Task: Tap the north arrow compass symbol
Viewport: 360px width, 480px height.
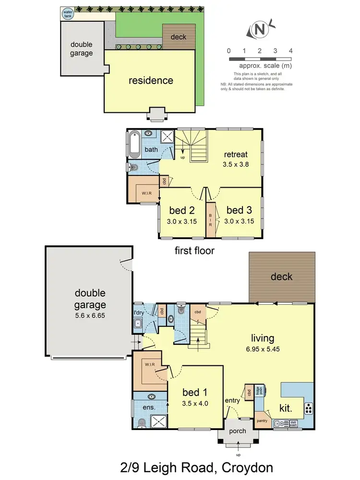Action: point(260,29)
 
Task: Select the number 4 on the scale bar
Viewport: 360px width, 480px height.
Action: point(290,50)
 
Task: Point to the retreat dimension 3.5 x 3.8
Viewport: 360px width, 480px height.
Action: point(236,164)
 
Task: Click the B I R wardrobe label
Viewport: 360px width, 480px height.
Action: point(210,220)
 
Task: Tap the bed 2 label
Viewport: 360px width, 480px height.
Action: point(180,210)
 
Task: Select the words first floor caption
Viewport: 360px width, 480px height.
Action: point(195,250)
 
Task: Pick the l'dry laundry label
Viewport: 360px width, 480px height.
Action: point(138,313)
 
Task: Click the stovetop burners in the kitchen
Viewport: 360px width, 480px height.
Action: point(308,409)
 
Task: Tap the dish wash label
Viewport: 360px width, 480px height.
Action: point(293,424)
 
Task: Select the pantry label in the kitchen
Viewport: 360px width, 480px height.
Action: point(262,420)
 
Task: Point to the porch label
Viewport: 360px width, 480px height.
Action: point(238,431)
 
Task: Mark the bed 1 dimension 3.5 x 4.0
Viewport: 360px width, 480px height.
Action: point(195,404)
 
